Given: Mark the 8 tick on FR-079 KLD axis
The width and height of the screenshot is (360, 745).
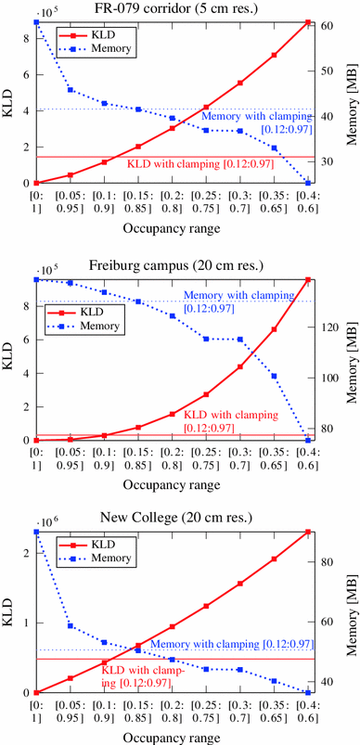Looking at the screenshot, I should (x=26, y=37).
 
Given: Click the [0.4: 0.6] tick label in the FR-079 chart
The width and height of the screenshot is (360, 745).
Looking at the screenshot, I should (x=306, y=204).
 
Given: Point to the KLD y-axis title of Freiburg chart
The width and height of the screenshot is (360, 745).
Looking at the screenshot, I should (x=9, y=360).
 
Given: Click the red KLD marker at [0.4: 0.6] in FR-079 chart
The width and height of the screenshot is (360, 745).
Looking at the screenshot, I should (x=307, y=22).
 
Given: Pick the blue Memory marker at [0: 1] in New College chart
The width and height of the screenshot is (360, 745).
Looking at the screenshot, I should (x=36, y=532).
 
